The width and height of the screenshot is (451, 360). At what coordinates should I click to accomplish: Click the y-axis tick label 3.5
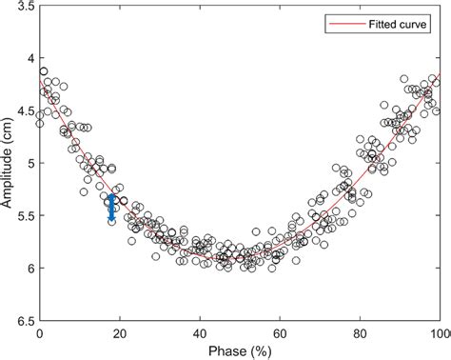point(24,7)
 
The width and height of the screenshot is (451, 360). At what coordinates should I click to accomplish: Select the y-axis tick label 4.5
point(24,111)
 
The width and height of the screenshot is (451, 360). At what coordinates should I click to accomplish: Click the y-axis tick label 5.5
point(24,216)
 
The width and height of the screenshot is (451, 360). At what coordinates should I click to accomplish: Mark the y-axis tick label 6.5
point(24,321)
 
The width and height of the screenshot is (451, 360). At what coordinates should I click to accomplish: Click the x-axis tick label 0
point(40,333)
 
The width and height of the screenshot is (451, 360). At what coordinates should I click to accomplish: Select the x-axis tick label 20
point(120,333)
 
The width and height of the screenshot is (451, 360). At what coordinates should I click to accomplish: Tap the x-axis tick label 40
point(200,333)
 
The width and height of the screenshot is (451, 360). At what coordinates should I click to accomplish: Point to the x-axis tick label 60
point(281,333)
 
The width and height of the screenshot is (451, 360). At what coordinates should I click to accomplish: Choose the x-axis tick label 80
point(361,333)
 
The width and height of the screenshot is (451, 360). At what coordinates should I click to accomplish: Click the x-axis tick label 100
point(439,333)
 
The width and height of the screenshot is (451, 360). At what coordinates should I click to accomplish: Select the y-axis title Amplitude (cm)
point(9,164)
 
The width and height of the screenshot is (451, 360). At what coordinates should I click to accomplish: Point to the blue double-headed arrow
point(111,208)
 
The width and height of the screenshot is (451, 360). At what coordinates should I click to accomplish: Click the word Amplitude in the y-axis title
point(9,173)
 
